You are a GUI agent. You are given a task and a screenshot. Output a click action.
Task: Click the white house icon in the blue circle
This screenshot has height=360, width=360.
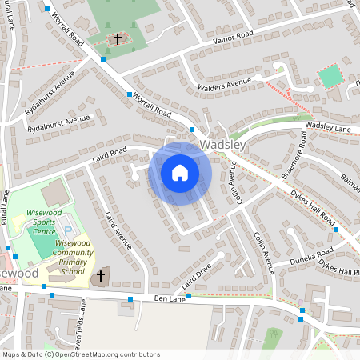click(179, 173)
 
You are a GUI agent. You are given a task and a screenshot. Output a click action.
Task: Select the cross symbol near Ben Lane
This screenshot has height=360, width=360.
click(101, 277)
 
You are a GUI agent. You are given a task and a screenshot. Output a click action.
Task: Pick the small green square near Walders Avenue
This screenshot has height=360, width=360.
click(330, 77)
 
